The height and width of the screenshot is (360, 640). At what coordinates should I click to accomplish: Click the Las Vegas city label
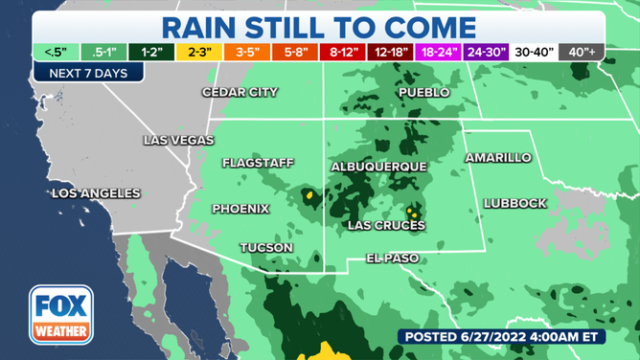178,140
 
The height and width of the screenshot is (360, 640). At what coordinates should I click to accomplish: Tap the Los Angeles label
96,193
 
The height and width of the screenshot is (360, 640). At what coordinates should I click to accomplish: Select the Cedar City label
240,92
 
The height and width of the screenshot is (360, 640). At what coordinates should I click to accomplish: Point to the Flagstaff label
258,163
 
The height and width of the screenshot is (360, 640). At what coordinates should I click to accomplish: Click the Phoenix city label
240,209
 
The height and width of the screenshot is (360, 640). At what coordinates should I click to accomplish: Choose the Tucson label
266,247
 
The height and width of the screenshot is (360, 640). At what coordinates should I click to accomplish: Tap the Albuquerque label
378,167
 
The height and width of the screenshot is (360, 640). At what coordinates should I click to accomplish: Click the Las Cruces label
385,225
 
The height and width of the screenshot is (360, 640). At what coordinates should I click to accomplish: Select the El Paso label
395,258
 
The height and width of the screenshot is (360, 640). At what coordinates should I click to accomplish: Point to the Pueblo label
423,92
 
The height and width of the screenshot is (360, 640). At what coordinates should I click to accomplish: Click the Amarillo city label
497,157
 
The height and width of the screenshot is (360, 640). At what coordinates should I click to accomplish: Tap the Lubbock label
515,203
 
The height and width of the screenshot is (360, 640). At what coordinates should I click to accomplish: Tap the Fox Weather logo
60,313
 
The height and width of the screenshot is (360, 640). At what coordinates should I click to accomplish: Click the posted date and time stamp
513,336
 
